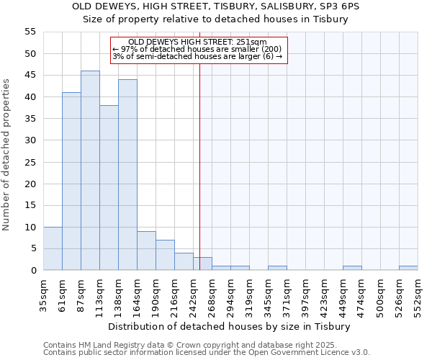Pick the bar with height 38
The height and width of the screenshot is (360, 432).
[x=109, y=188]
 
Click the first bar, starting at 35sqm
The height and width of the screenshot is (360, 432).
[x=53, y=248]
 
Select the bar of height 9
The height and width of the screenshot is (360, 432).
[x=146, y=251]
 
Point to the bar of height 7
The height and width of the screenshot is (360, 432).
[x=165, y=255]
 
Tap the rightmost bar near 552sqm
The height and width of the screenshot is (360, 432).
[x=408, y=269]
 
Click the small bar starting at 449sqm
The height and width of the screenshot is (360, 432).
[x=352, y=269]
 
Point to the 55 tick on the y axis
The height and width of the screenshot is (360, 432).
[x=30, y=32]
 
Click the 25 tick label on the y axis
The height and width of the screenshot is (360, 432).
[x=30, y=162]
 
